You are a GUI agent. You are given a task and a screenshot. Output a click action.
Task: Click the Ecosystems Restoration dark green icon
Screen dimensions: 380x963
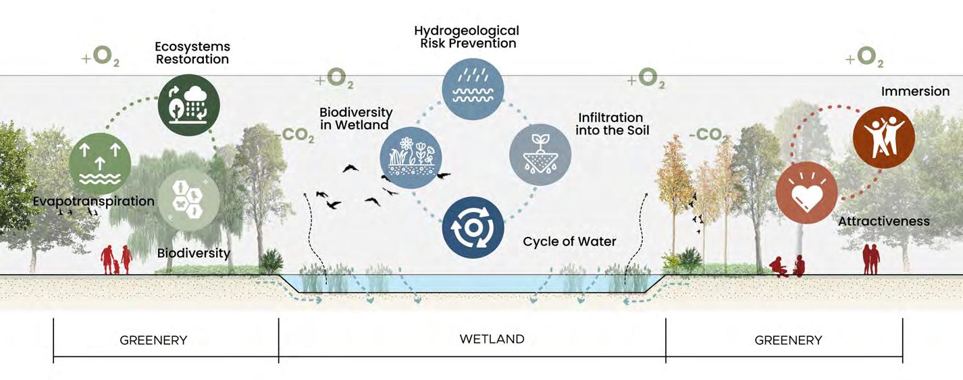coord(188,105)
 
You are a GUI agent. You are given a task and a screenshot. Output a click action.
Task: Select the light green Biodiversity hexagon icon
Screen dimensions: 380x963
coord(187,198)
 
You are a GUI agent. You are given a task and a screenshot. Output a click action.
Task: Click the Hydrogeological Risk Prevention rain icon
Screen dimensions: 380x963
coord(473,90)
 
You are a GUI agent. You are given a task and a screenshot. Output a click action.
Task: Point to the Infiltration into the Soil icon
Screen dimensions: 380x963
coord(540,155)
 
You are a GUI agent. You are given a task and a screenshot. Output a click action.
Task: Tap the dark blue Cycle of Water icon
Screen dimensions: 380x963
coord(473,227)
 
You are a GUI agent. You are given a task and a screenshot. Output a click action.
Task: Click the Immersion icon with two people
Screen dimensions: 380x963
coord(884,137)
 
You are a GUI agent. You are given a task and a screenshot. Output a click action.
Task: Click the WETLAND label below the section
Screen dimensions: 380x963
coord(492,339)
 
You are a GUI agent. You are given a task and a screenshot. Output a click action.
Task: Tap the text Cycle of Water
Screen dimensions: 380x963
coord(569,241)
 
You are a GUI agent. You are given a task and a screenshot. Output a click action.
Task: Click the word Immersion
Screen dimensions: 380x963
coord(914,91)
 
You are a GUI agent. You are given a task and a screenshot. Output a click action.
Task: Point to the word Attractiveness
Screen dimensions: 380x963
coord(883,221)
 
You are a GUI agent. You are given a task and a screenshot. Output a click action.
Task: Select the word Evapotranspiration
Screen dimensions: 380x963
coord(93,201)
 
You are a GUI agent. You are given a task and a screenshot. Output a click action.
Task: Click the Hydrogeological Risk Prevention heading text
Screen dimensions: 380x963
coord(466,37)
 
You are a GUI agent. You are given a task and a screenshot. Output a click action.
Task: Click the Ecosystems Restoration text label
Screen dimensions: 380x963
coord(192,53)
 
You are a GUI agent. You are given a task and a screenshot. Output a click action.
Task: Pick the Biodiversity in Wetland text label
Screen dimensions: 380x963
coord(356,118)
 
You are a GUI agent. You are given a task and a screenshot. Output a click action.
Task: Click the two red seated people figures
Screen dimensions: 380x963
coord(788,267)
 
